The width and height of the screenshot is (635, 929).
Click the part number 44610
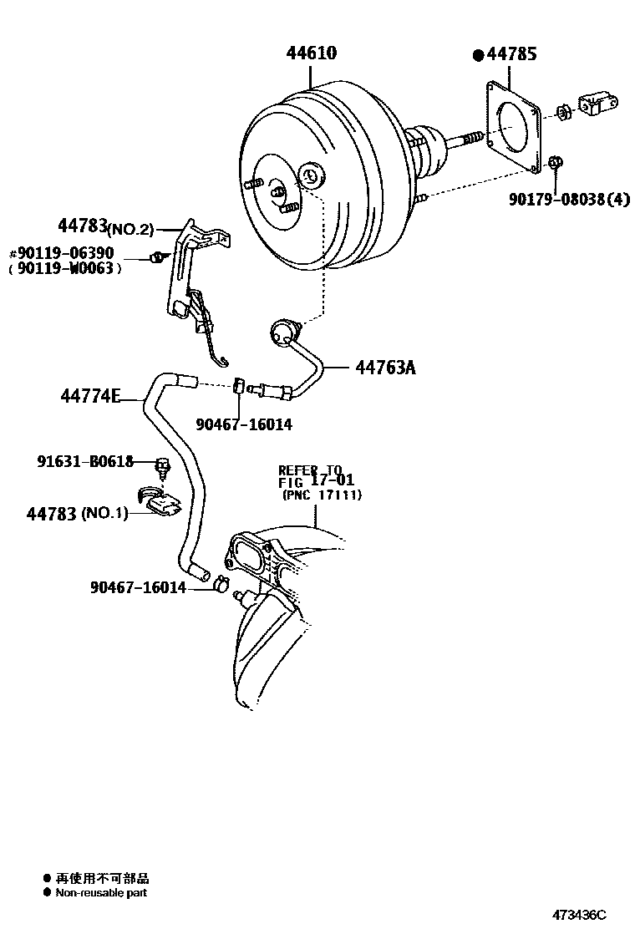pyautogui.click(x=312, y=53)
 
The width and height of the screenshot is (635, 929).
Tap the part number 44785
pyautogui.click(x=511, y=55)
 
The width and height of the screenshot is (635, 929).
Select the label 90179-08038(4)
pyautogui.click(x=569, y=200)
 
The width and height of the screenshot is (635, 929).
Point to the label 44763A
pyautogui.click(x=384, y=367)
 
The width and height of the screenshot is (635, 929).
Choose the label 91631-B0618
pyautogui.click(x=85, y=461)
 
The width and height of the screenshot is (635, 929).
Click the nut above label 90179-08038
pyautogui.click(x=555, y=164)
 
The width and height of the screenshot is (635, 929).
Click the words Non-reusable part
pyautogui.click(x=101, y=893)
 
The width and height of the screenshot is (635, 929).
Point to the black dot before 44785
pyautogui.click(x=477, y=55)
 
